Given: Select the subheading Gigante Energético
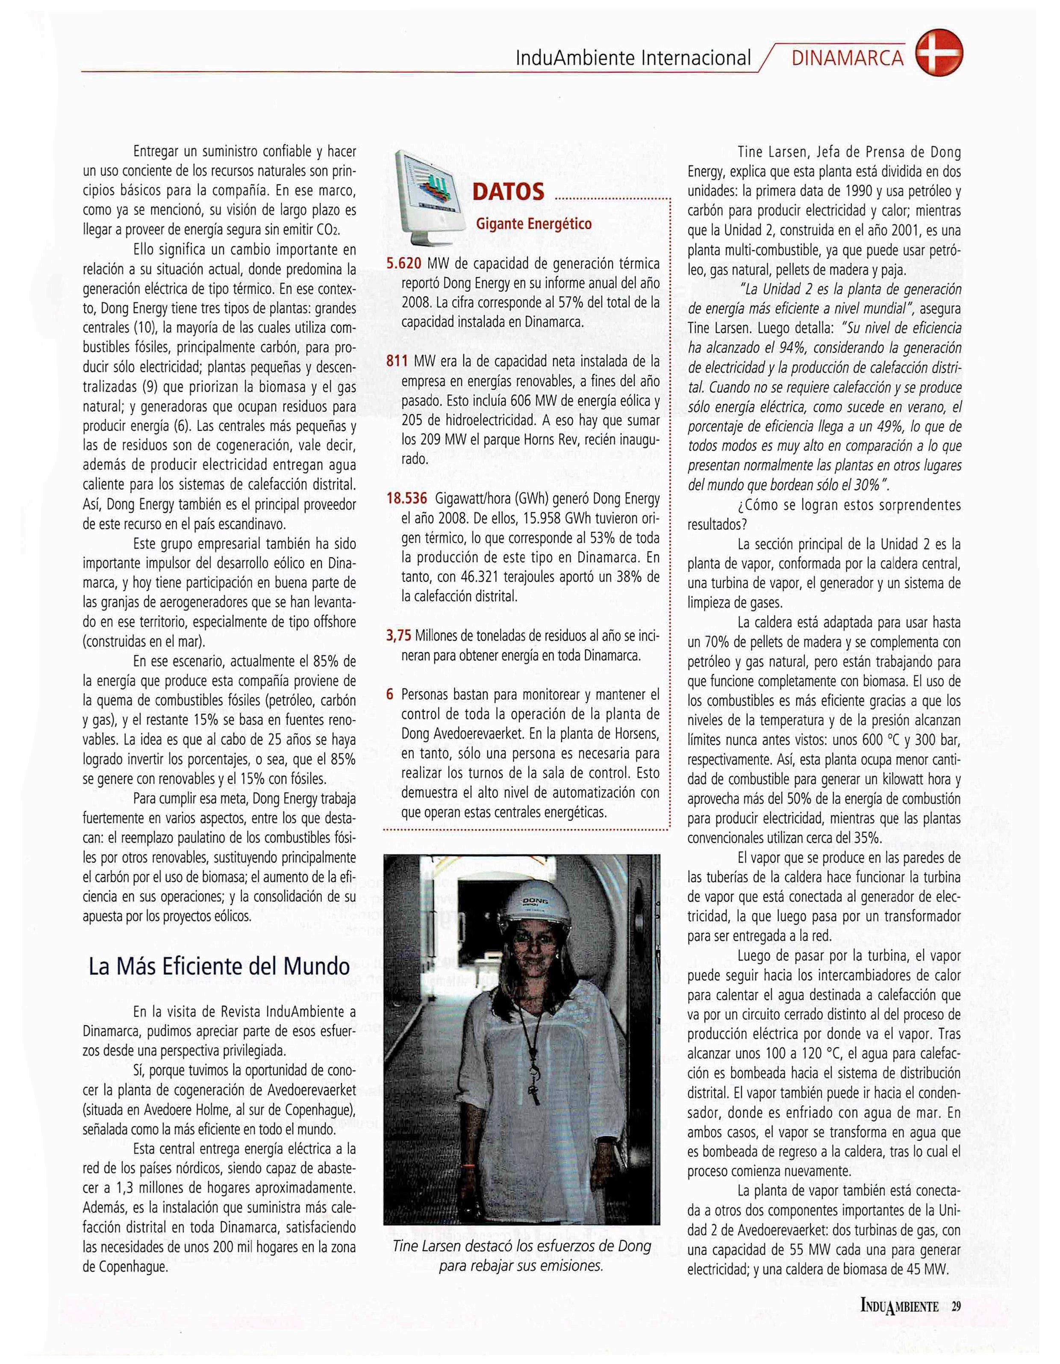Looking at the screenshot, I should click(534, 223).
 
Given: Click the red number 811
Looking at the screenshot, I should click(397, 361).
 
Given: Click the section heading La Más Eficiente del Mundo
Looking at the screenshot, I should click(219, 966).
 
